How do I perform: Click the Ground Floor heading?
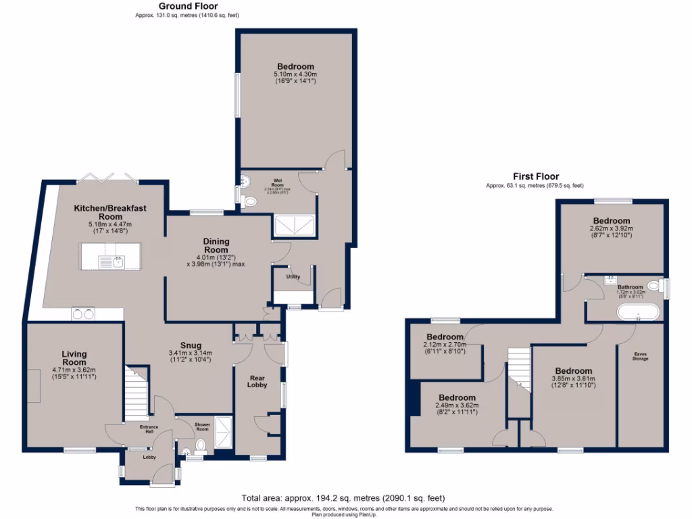pos(187,6)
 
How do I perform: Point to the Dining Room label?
pos(217,246)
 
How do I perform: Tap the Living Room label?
pos(74,358)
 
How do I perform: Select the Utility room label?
pos(293,277)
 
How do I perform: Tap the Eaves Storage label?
pos(640,355)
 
